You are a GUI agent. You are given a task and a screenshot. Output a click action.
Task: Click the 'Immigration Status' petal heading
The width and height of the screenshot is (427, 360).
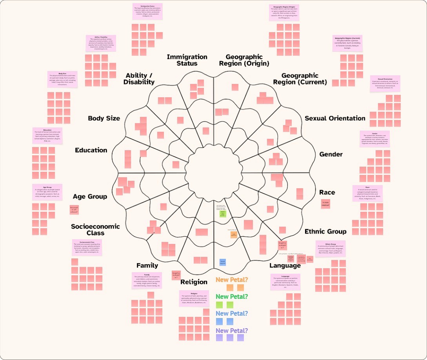tap(187, 60)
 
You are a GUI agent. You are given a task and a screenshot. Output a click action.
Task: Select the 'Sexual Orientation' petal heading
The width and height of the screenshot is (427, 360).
tap(335, 118)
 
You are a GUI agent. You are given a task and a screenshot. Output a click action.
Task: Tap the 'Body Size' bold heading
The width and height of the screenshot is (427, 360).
tap(104, 118)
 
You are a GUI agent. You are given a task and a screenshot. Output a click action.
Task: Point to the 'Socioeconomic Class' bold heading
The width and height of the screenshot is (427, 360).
tap(95, 229)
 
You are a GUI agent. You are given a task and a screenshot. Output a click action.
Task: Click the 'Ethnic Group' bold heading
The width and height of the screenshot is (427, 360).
tap(325, 231)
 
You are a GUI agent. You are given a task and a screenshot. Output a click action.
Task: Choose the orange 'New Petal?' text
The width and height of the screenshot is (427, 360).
tap(232, 280)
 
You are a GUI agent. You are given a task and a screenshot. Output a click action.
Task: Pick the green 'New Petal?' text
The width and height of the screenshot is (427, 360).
tap(232, 296)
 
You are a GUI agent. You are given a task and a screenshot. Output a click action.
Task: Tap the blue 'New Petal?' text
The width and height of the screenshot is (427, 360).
tap(232, 313)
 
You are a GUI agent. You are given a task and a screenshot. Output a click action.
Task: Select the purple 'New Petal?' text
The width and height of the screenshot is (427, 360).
tap(232, 331)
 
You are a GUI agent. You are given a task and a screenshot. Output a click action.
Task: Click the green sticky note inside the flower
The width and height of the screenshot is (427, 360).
tap(223, 214)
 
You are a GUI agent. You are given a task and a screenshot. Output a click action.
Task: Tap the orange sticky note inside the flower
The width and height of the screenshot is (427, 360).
tap(234, 235)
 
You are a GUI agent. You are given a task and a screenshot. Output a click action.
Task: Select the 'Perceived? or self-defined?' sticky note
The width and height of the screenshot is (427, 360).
tap(74, 210)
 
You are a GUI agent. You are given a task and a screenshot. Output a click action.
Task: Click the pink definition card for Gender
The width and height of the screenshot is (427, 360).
tap(374, 139)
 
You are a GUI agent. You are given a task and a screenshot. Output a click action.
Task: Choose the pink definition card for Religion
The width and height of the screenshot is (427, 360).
tap(194, 298)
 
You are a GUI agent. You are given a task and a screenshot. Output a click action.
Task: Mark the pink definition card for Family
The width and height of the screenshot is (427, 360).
tap(147, 280)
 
